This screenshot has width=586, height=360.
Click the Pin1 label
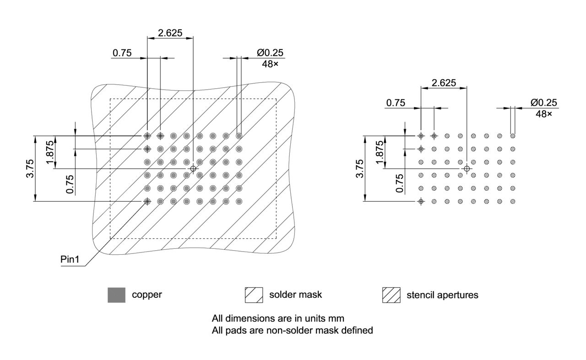pyautogui.click(x=70, y=259)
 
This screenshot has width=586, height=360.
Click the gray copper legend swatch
pyautogui.click(x=116, y=295)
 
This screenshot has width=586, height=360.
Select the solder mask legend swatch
pyautogui.click(x=254, y=295)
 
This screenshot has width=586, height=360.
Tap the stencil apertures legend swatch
pyautogui.click(x=391, y=295)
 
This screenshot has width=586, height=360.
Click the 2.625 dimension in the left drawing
pyautogui.click(x=170, y=32)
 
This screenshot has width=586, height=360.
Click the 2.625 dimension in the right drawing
pyautogui.click(x=444, y=83)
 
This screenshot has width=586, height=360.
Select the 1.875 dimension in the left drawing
pyautogui.click(x=50, y=152)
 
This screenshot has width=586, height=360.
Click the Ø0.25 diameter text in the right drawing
pyautogui.click(x=544, y=102)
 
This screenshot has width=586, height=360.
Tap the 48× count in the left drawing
pyautogui.click(x=270, y=64)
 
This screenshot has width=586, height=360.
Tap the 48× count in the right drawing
pyautogui.click(x=544, y=114)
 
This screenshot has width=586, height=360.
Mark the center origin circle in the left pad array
pyautogui.click(x=193, y=169)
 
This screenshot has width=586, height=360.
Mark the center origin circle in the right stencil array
pyautogui.click(x=467, y=169)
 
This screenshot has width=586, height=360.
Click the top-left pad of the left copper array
pyautogui.click(x=147, y=136)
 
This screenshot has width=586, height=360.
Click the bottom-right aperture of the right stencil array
pyautogui.click(x=513, y=201)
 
